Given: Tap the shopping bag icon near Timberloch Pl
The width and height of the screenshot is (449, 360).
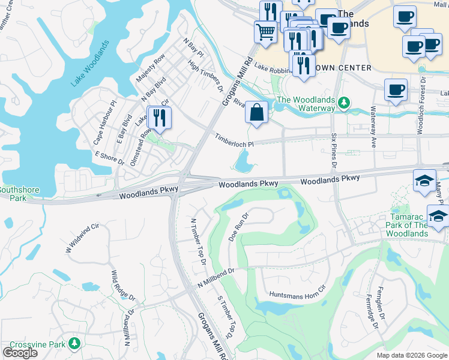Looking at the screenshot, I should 256,113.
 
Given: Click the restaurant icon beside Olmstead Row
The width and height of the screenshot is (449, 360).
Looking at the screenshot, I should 159,117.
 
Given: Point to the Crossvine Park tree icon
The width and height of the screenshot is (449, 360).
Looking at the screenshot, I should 74,344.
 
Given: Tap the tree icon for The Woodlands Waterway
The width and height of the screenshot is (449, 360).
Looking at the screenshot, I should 343,103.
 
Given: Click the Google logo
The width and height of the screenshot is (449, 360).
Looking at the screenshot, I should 20,353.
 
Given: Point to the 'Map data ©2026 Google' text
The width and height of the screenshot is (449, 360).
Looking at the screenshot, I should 411,355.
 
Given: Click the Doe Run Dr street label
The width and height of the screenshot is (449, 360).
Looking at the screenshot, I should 238,227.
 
